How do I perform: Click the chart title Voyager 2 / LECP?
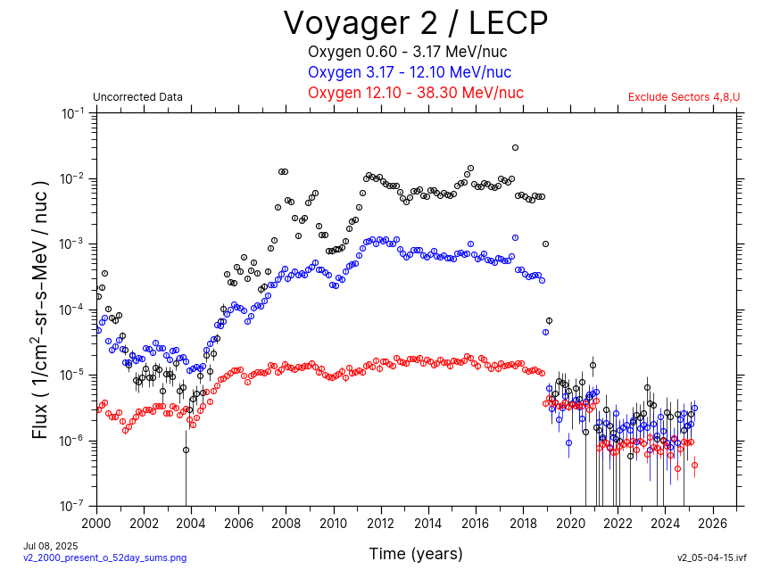tap(415, 23)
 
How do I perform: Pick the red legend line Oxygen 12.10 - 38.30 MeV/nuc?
tap(415, 93)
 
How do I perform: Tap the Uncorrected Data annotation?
tap(137, 97)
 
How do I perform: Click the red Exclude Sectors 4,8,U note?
tap(684, 97)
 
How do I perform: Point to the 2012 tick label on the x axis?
tap(381, 522)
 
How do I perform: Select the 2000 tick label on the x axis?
tap(96, 522)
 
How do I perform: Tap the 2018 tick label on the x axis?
tap(524, 522)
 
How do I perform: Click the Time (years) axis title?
tap(416, 554)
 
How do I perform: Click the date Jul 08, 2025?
tap(51, 545)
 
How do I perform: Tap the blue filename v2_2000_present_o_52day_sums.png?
tap(104, 557)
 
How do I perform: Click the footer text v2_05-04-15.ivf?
tap(711, 557)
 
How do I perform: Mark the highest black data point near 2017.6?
tap(515, 148)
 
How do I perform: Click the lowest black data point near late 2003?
tap(186, 450)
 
